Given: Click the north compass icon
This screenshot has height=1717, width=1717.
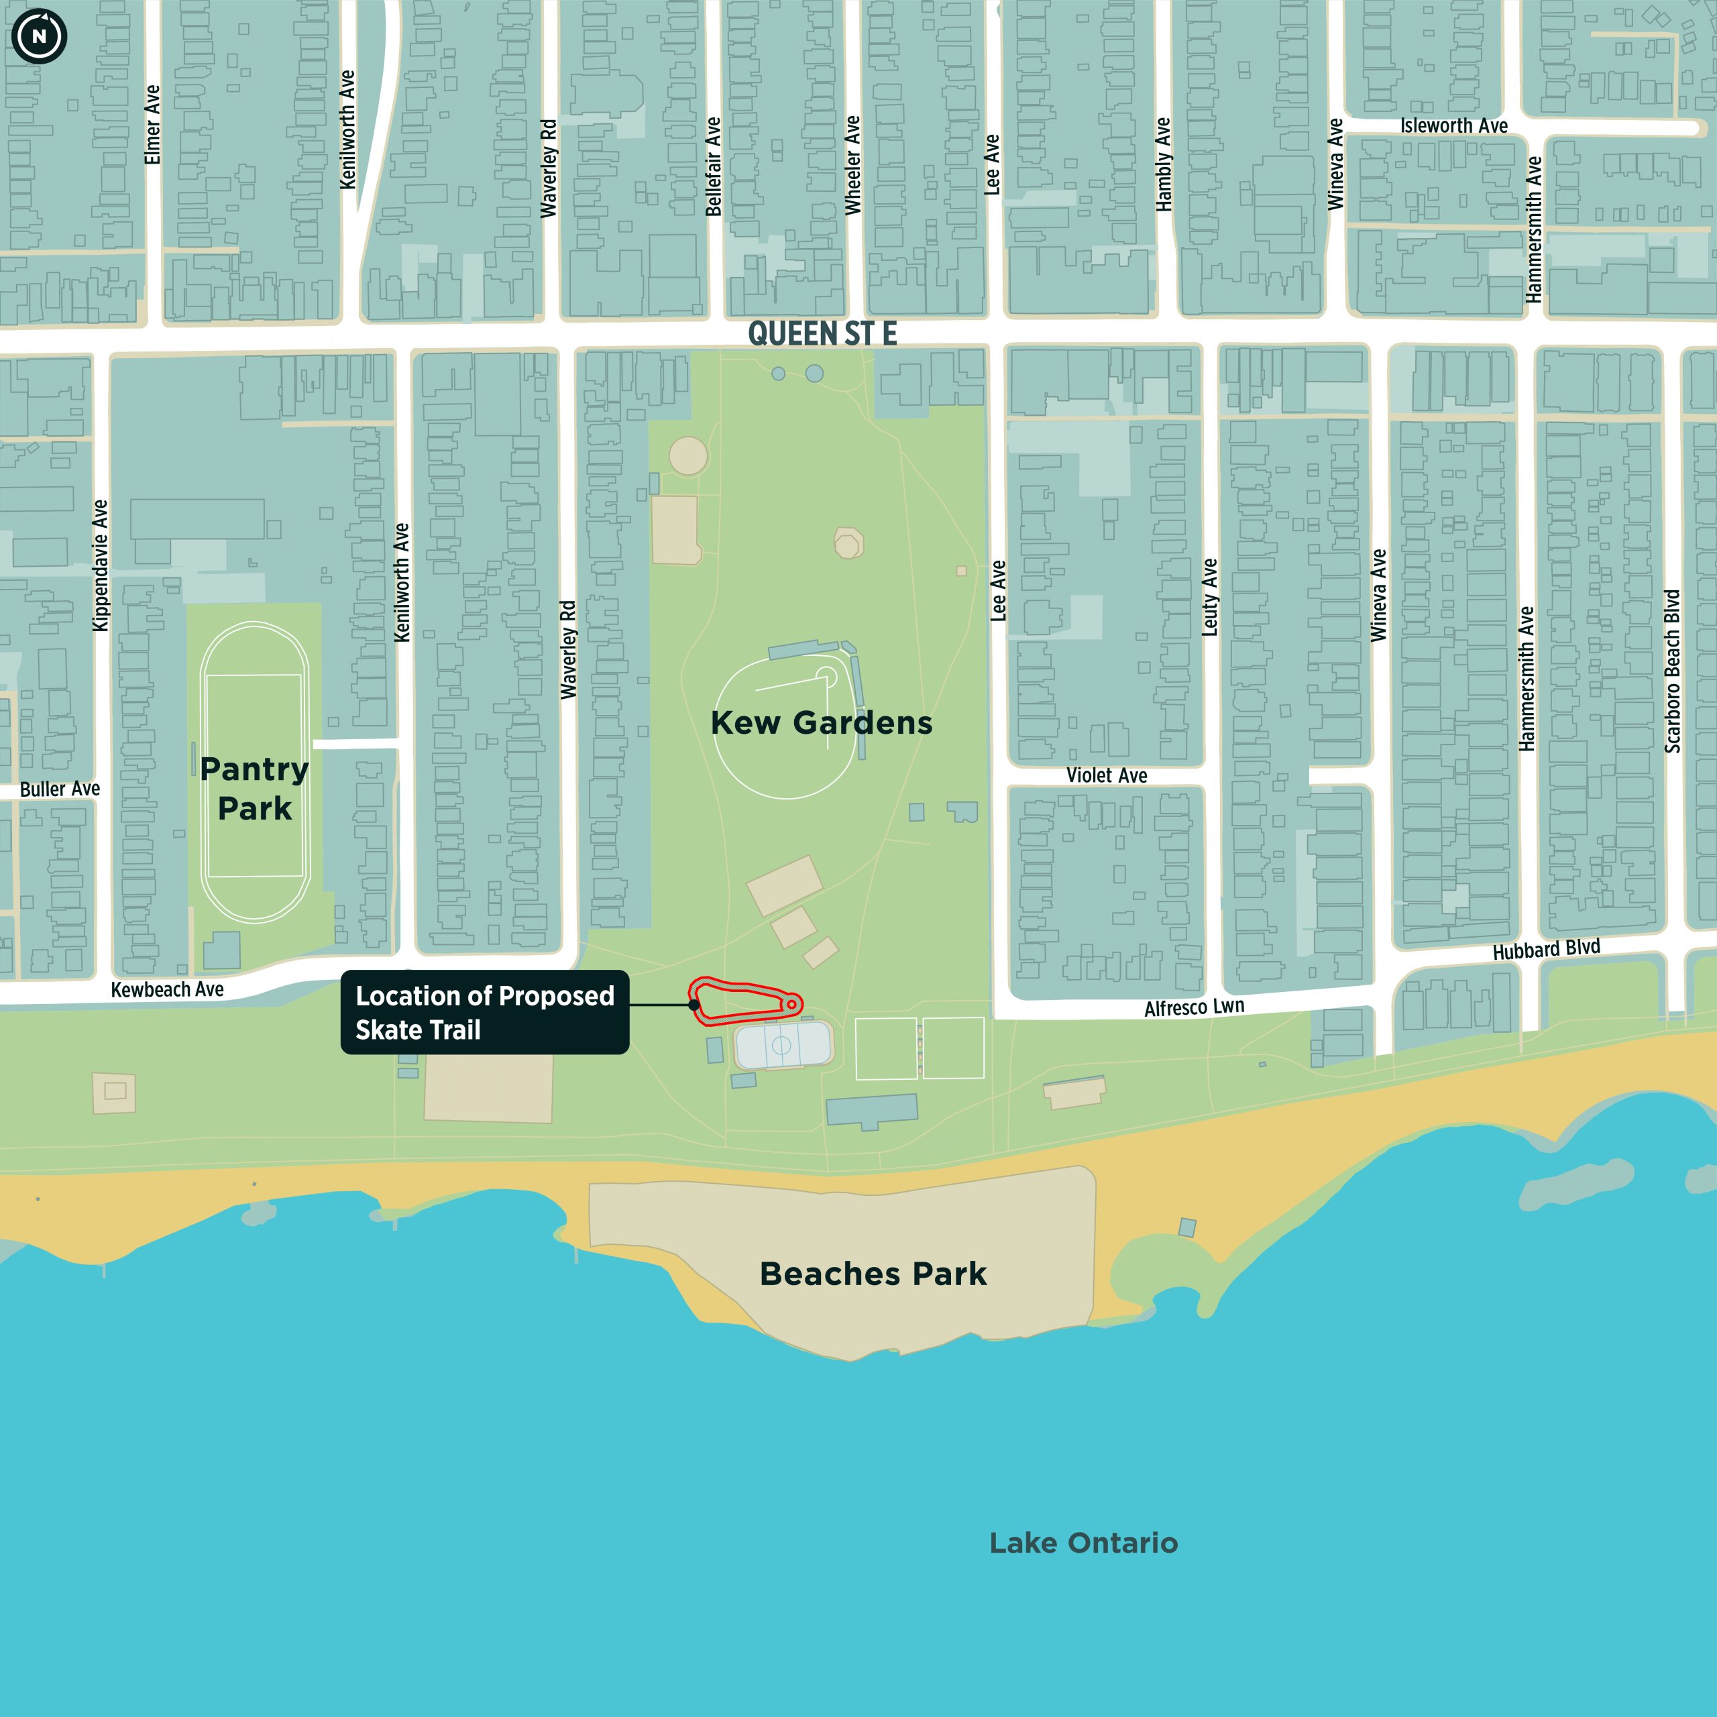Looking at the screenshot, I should coord(39,36).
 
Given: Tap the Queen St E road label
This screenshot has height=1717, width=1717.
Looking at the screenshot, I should coord(822,333).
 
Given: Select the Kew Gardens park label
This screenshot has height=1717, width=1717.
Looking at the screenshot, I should coord(821,722).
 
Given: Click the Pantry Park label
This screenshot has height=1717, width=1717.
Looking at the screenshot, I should coord(254,788).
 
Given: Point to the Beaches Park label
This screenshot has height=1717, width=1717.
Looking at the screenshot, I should coord(873,1274).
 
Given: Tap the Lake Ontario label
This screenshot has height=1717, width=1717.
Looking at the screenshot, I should coord(1083,1543).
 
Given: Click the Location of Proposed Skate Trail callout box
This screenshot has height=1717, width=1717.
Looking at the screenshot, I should coord(484,1012).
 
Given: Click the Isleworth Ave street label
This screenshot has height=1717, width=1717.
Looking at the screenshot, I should coord(1454,126).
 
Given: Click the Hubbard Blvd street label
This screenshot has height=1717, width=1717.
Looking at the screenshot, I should coord(1547,949).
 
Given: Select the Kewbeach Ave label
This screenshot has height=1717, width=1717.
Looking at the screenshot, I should coord(167,990).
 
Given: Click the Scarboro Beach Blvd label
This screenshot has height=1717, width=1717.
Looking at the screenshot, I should coord(1673,671).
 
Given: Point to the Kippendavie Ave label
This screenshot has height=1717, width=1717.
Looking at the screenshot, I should coord(101,565).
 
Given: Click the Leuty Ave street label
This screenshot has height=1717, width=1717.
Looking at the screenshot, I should coord(1209,596).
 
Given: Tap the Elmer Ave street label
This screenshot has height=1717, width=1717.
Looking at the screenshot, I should coord(152,125).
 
